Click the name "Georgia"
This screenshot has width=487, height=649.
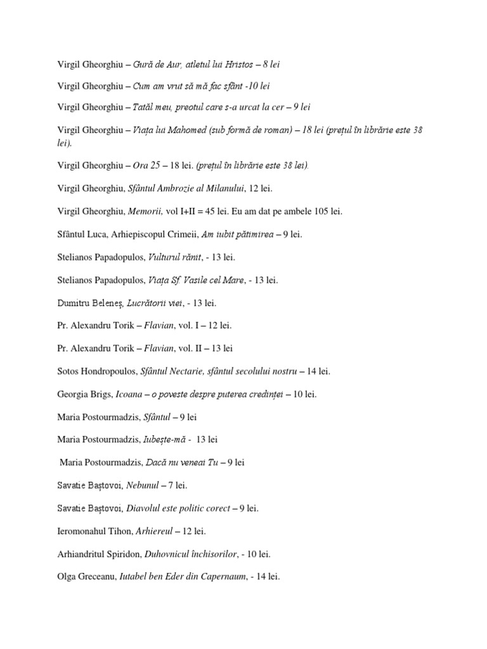click(73, 394)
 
